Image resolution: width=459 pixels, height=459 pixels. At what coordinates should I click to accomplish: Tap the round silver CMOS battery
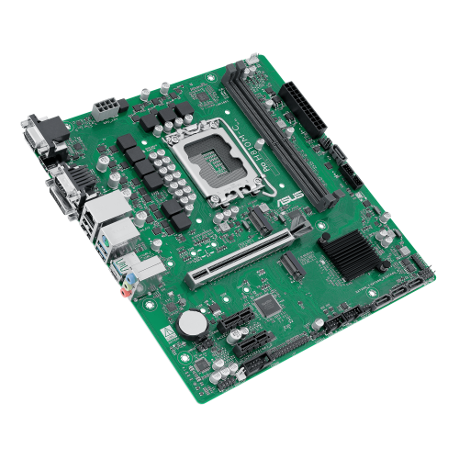click(x=192, y=322)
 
